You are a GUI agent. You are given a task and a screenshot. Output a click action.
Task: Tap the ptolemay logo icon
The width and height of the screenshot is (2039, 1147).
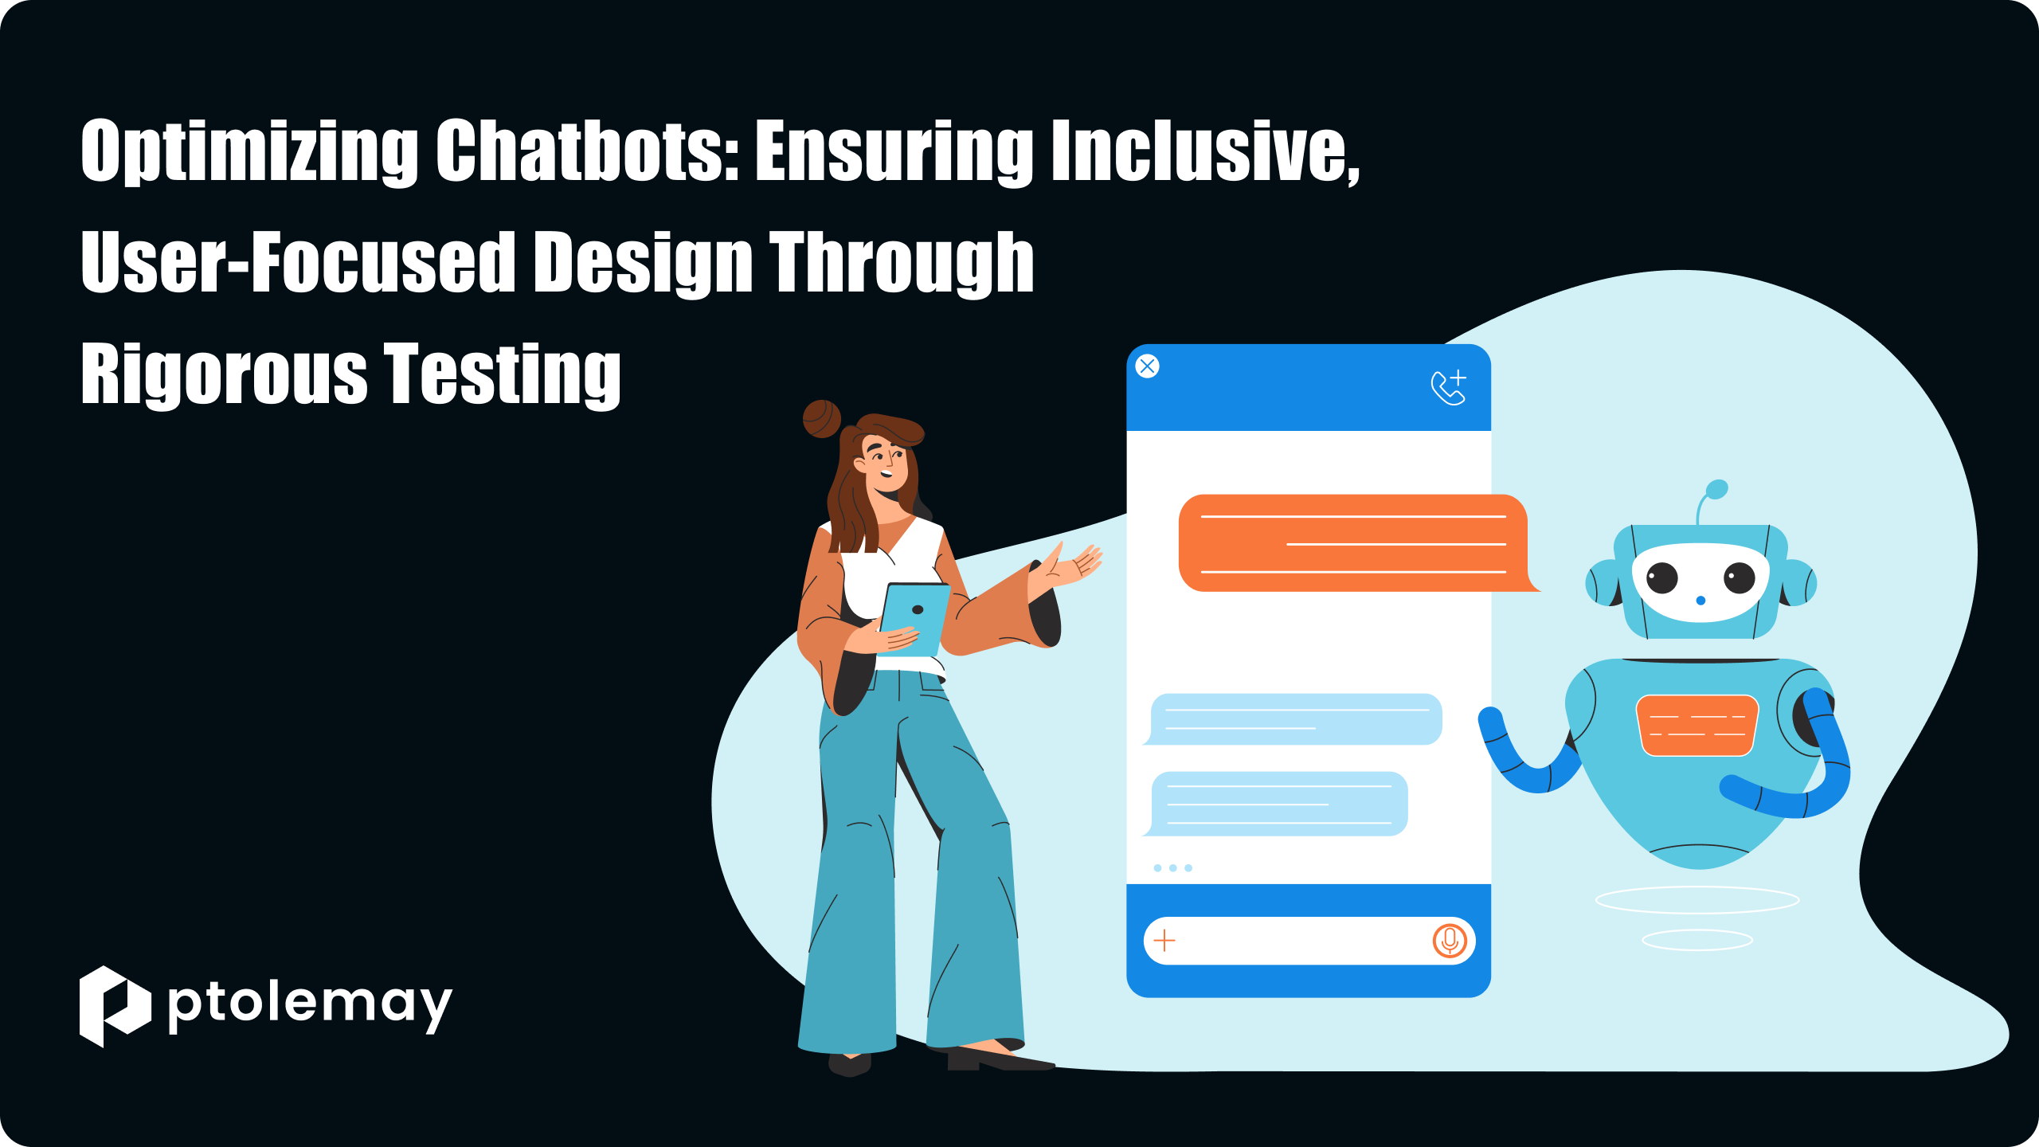coord(115,1006)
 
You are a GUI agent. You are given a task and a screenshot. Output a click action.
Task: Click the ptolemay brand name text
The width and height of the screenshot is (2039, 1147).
coord(310,1006)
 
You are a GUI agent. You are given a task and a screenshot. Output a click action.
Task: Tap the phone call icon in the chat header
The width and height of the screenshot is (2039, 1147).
coord(1449,387)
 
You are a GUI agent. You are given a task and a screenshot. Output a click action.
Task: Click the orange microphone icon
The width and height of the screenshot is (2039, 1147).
coord(1450,941)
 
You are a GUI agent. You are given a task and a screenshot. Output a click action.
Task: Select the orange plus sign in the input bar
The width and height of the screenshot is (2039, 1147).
coord(1164,941)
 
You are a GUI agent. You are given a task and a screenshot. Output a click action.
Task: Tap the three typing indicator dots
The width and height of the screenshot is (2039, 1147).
coord(1172,867)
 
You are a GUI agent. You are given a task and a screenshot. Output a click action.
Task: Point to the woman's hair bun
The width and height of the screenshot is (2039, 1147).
coord(822,419)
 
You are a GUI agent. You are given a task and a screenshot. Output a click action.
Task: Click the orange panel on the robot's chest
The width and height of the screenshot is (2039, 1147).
coord(1697,725)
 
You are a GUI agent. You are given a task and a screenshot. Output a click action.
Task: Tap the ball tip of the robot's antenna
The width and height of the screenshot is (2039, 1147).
coord(1717,489)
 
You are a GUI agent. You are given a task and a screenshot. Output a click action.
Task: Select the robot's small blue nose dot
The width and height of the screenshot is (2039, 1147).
coord(1700,600)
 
